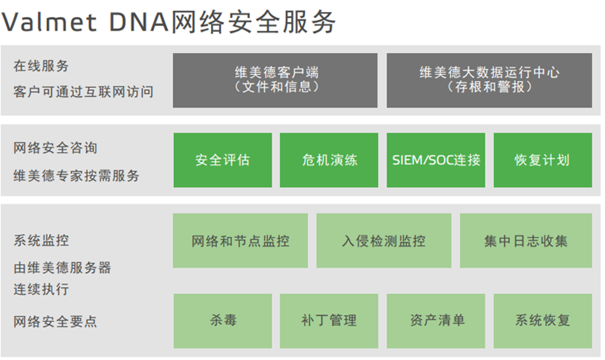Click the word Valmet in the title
pyautogui.click(x=49, y=22)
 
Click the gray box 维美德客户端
pyautogui.click(x=275, y=80)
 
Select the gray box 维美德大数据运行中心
pyautogui.click(x=489, y=80)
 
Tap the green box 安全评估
pyautogui.click(x=223, y=160)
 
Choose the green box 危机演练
pyautogui.click(x=328, y=160)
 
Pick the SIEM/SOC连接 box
pyautogui.click(x=435, y=160)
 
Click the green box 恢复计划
pyautogui.click(x=543, y=160)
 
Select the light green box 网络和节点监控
pyautogui.click(x=240, y=241)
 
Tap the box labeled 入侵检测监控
pyautogui.click(x=384, y=241)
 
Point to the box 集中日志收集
pyautogui.click(x=526, y=241)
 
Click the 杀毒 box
pyautogui.click(x=223, y=321)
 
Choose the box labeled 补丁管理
pyautogui.click(x=328, y=321)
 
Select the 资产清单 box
pyautogui.click(x=435, y=321)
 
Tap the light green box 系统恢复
pyautogui.click(x=543, y=321)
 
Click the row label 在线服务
pyautogui.click(x=41, y=66)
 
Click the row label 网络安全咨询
pyautogui.click(x=55, y=148)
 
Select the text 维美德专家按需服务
pyautogui.click(x=76, y=176)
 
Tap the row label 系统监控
pyautogui.click(x=41, y=241)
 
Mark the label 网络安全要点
pyautogui.click(x=55, y=322)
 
